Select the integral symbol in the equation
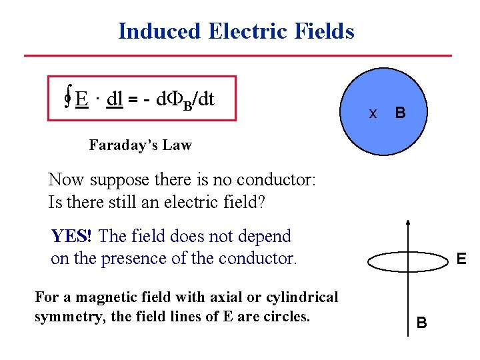[67, 99]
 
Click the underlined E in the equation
[82, 99]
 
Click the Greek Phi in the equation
[173, 99]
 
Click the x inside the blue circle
[373, 113]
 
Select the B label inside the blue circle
[399, 113]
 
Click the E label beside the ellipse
[461, 259]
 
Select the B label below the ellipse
[421, 323]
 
